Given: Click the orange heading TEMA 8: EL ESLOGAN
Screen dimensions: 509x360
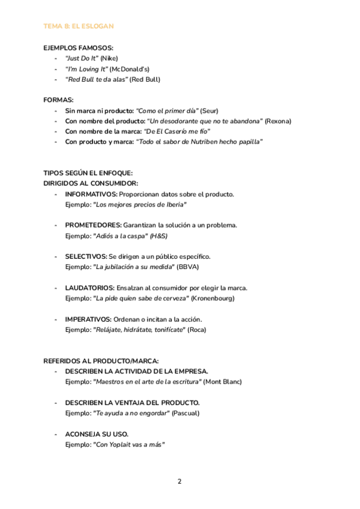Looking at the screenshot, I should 79,26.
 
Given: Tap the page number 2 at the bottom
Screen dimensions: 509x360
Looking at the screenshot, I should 179,481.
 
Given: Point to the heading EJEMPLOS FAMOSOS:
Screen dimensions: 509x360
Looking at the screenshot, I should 78,48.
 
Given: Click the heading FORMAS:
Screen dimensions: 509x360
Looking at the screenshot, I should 59,100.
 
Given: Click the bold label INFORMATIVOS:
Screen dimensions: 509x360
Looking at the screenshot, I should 91,194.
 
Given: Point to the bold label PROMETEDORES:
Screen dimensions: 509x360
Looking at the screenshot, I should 93,225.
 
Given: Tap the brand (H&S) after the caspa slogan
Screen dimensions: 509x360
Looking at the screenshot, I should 158,236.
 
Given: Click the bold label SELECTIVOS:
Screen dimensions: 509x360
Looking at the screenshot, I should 86,256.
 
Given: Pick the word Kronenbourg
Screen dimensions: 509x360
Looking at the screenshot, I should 213,298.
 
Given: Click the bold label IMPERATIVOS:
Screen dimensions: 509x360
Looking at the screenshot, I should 88,319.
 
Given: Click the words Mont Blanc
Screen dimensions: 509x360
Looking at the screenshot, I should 223,382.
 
